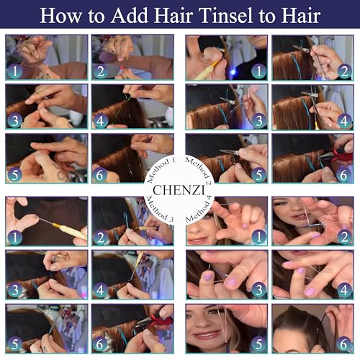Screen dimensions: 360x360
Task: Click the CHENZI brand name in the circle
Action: coord(180,180)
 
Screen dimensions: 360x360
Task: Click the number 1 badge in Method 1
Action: coord(14,71)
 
